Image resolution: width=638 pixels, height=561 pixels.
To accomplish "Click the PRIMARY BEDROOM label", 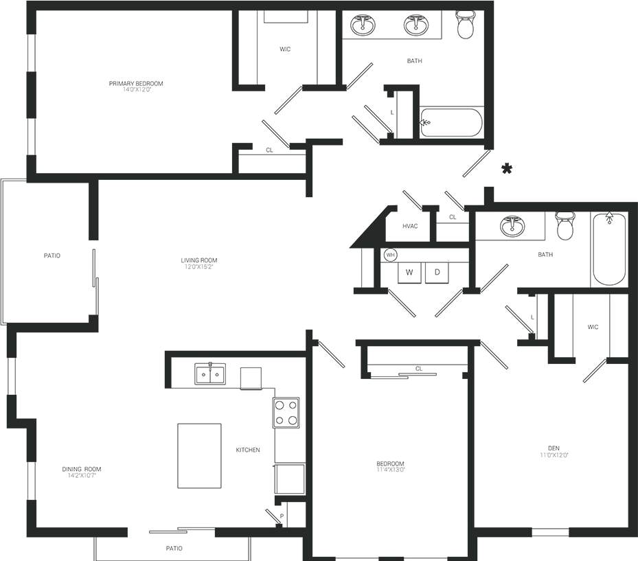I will (136, 84).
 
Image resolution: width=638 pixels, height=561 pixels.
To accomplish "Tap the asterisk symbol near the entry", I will (507, 169).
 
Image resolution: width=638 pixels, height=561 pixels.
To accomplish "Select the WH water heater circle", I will (391, 255).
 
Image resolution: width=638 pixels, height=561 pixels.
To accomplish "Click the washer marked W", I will (409, 273).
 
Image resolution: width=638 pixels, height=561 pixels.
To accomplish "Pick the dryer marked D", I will (437, 273).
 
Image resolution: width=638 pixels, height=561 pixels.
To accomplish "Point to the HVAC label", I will (410, 226).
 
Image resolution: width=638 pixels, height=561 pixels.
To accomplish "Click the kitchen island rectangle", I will (199, 456).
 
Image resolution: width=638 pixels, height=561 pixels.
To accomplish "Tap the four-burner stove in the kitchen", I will (286, 413).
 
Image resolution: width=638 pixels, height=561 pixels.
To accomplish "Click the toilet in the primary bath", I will (466, 26).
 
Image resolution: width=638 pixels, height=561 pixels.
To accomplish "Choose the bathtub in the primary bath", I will (451, 123).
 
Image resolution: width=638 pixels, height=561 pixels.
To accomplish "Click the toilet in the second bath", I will (565, 226).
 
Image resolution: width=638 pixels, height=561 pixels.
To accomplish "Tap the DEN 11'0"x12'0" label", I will (554, 450).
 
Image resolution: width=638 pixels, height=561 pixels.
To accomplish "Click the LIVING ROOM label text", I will (199, 261).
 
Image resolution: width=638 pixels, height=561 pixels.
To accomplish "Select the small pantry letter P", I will (282, 515).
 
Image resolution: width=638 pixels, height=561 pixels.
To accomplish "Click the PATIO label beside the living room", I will (52, 255).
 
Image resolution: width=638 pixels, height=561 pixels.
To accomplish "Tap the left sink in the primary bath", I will (363, 25).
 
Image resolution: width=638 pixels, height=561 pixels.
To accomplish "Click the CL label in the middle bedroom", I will (418, 369).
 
